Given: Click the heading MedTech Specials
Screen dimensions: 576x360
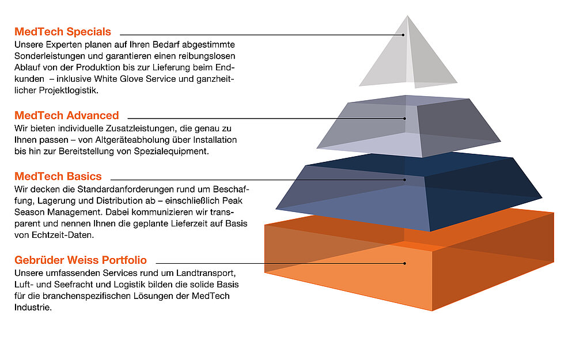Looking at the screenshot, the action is coord(63,32).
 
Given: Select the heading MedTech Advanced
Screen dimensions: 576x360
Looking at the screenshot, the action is coord(66,115).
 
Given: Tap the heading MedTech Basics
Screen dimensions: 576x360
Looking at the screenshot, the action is coord(58,176).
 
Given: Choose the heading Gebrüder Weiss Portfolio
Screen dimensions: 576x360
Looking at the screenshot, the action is coord(81,260).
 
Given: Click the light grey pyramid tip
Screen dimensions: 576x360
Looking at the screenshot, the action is coord(408,55).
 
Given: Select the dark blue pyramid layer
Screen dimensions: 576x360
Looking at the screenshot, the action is coord(409,191).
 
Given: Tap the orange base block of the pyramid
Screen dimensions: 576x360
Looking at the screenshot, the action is coord(409,264).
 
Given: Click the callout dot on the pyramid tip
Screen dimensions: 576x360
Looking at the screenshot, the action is coord(403,35).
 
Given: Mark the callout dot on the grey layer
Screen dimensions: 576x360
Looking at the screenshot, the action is coord(404,118).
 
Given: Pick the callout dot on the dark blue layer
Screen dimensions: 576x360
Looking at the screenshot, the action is coord(404,180).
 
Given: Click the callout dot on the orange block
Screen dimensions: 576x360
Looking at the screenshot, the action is coord(404,263).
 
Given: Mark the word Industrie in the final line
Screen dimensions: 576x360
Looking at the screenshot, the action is coord(33,308).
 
